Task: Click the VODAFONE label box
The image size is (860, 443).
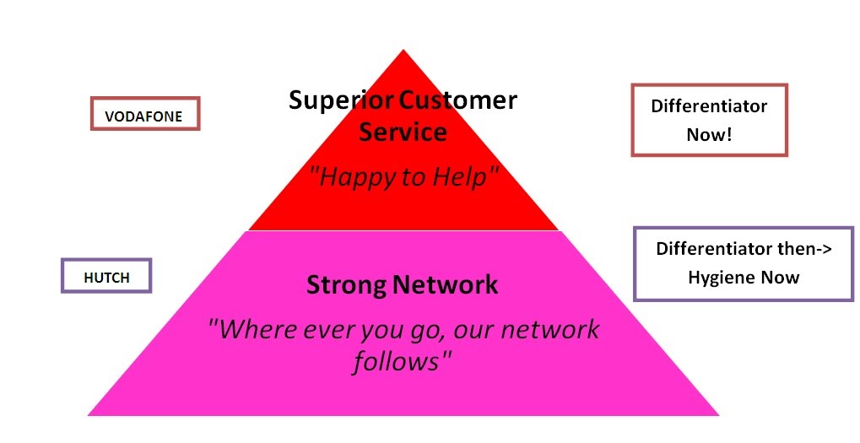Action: (x=145, y=114)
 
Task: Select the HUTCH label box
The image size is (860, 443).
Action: (x=106, y=275)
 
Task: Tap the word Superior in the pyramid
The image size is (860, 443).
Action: (x=341, y=100)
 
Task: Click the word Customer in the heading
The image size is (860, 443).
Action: (x=458, y=100)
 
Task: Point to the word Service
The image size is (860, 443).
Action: (x=403, y=132)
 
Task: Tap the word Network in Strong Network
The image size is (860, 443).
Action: (x=446, y=285)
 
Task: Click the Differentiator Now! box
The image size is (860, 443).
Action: (x=709, y=120)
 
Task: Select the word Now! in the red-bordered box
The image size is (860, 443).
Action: (x=709, y=133)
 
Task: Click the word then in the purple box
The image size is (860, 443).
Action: (x=791, y=250)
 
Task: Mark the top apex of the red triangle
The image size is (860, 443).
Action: (x=403, y=51)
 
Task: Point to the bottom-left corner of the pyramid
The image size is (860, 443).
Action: (x=89, y=414)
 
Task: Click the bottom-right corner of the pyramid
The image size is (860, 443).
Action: (x=718, y=414)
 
